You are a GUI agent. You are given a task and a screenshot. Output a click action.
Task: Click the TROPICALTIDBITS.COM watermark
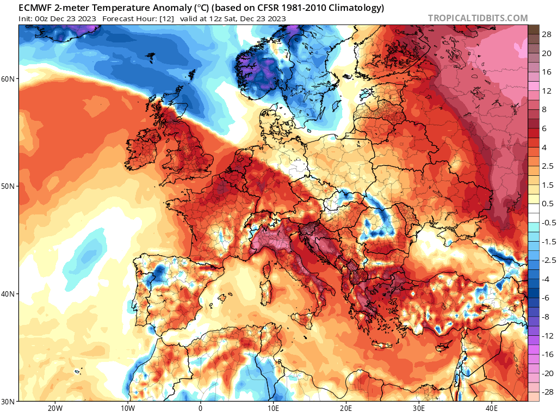[x=478, y=18]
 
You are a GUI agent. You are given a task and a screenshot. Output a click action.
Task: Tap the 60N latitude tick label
[x=9, y=79]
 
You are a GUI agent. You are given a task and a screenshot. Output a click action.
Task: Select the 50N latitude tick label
[x=9, y=186]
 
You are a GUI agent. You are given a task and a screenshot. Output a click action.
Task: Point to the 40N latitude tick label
[x=9, y=294]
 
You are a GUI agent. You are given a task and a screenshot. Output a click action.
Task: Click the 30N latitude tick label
[x=9, y=402]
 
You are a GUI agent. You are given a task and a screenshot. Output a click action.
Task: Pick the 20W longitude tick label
[x=55, y=408]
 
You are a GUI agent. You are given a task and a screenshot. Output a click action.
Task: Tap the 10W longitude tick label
[x=127, y=408]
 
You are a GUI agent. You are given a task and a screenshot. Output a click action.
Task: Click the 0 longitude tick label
[x=200, y=408]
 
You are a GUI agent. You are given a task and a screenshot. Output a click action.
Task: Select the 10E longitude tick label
[x=273, y=408]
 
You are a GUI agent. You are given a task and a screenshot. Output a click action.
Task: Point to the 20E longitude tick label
[x=346, y=408]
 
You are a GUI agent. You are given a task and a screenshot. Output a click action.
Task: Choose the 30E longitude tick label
[x=419, y=408]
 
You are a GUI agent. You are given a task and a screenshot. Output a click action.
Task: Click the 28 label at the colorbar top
[x=547, y=34]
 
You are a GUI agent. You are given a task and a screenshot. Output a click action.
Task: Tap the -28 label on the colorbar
[x=546, y=392]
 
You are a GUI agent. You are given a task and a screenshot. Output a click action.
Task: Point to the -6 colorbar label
[x=546, y=297]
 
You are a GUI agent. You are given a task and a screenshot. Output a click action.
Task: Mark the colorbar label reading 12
[x=547, y=90]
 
